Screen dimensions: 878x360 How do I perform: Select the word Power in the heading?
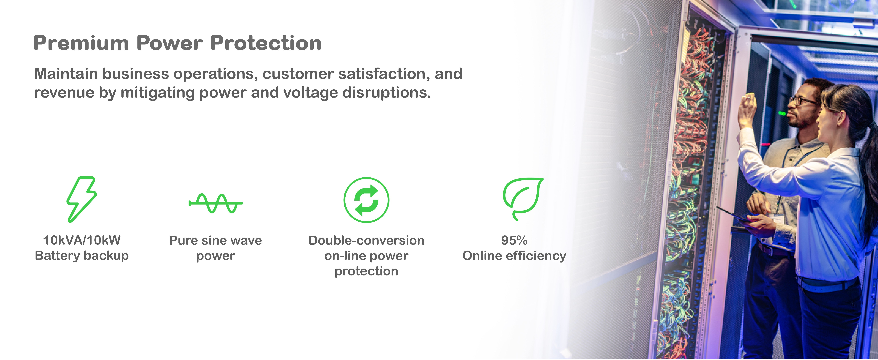click(169, 43)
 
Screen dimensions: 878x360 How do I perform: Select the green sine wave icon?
click(216, 203)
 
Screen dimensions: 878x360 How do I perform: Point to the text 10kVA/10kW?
click(82, 240)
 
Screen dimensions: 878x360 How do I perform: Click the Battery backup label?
click(82, 256)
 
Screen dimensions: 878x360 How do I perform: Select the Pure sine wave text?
click(216, 240)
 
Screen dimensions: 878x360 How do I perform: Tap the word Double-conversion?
click(366, 240)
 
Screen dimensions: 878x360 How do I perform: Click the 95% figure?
click(514, 240)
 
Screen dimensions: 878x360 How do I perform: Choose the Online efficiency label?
click(514, 256)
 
